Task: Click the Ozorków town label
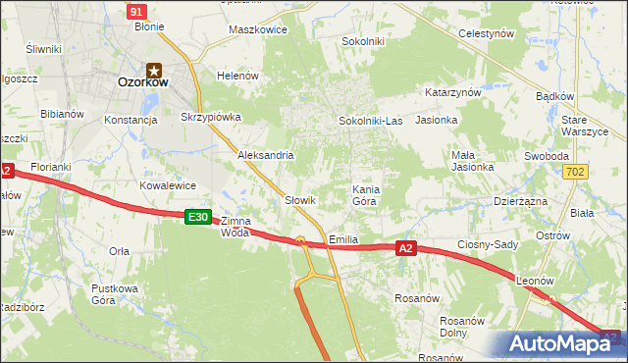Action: click(x=142, y=84)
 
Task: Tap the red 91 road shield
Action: click(x=137, y=11)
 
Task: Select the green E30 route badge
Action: click(x=198, y=217)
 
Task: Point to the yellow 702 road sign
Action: click(x=577, y=172)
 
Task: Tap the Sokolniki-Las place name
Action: click(x=371, y=121)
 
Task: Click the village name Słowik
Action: click(x=299, y=200)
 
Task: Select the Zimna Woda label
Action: click(x=235, y=227)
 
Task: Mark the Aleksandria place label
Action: click(x=266, y=155)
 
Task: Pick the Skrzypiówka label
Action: click(x=211, y=117)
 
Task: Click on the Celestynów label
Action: click(x=487, y=33)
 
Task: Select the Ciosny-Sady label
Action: click(x=488, y=244)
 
